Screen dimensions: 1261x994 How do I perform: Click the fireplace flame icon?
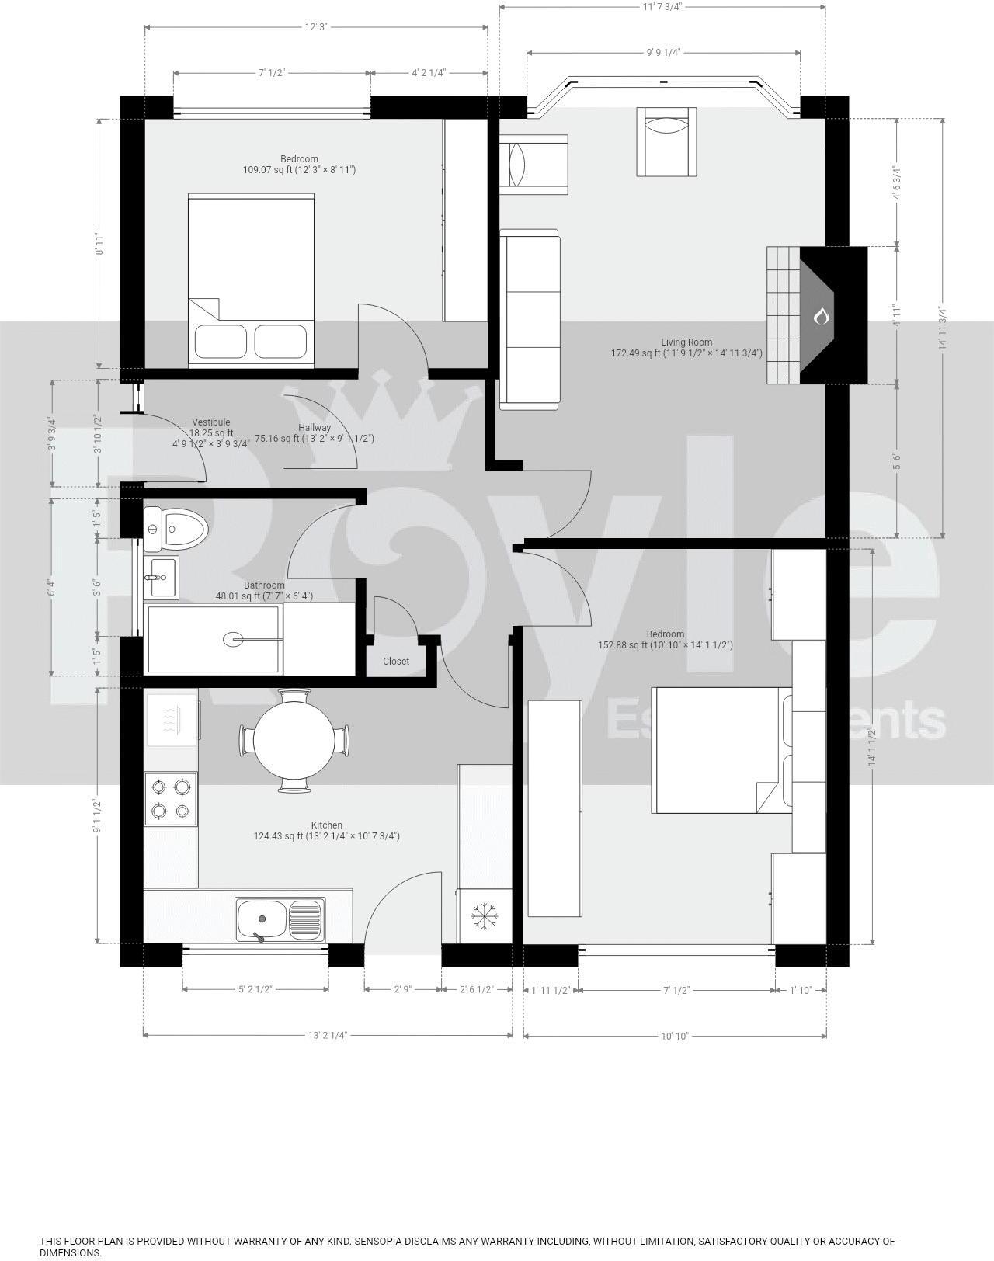[821, 316]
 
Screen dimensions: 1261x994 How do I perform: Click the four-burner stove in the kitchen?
[171, 799]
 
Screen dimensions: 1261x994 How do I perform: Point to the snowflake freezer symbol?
[485, 917]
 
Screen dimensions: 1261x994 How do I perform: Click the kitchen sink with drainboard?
[280, 919]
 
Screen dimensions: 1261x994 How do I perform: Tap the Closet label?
[396, 662]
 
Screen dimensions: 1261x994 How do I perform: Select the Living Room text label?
[686, 342]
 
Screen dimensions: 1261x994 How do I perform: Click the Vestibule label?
[211, 422]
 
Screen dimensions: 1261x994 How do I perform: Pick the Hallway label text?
[315, 428]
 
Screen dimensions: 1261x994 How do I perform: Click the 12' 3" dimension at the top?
[316, 27]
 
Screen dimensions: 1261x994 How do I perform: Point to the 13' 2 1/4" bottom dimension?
[327, 1035]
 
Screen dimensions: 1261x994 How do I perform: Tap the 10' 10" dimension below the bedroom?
[675, 1036]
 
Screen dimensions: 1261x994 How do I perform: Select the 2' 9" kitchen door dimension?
[402, 990]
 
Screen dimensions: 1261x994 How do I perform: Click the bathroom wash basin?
[162, 577]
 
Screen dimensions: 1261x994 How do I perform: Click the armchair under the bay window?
[667, 141]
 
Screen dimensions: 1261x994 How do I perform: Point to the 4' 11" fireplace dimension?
[897, 315]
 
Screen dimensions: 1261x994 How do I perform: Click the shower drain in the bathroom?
[233, 639]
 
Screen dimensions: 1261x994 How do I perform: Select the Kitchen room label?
[327, 825]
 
